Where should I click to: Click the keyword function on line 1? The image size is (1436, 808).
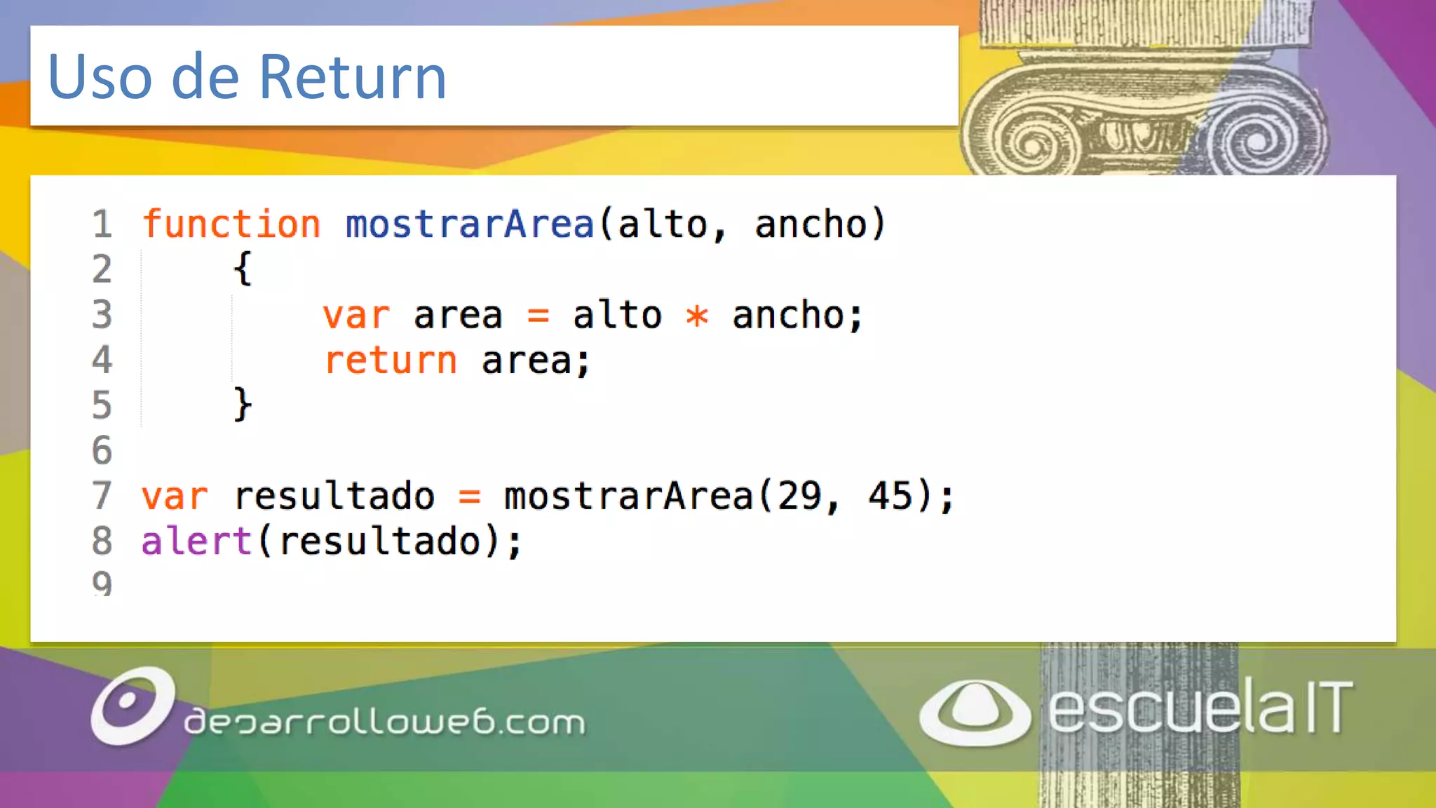point(231,224)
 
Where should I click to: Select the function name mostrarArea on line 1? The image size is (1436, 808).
point(470,224)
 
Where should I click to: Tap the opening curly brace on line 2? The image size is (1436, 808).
point(243,269)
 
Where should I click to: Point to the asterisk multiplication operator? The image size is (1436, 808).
point(697,316)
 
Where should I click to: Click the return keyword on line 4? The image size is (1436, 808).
point(391,361)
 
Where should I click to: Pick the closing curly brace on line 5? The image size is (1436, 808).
point(243,405)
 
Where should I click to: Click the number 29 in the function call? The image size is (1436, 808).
point(799,496)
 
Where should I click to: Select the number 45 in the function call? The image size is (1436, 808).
point(890,496)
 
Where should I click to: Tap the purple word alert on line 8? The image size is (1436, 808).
point(196,541)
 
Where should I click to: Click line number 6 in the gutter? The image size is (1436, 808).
point(102,450)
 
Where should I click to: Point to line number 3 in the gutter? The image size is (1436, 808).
point(102,314)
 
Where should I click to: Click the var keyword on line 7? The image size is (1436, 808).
point(175,497)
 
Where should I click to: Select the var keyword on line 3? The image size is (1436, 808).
point(356,316)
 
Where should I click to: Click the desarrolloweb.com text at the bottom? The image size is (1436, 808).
point(384,722)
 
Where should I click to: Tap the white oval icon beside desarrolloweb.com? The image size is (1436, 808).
point(132,705)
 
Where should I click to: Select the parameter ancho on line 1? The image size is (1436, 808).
point(811,224)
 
